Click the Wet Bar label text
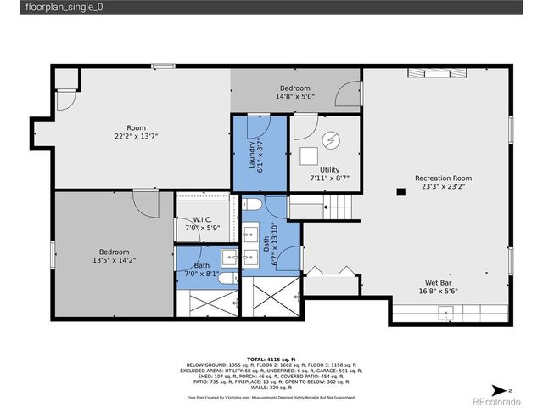438,283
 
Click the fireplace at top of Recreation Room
439,74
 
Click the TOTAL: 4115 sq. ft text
271,359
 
